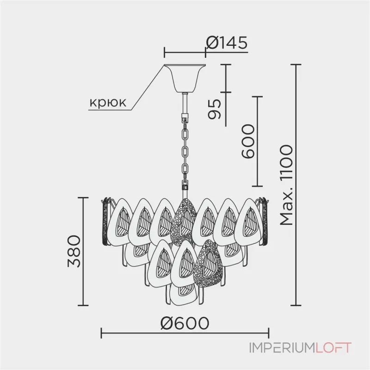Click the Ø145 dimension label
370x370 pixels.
pyautogui.click(x=227, y=43)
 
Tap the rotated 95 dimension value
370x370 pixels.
pyautogui.click(x=214, y=108)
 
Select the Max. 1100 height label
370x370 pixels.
pyautogui.click(x=287, y=185)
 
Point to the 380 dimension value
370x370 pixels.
pyautogui.click(x=74, y=252)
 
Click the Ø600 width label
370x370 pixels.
pyautogui.click(x=185, y=322)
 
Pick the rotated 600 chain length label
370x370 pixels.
pyautogui.click(x=248, y=142)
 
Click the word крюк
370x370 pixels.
pyautogui.click(x=107, y=103)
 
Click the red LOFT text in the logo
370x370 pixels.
pyautogui.click(x=333, y=347)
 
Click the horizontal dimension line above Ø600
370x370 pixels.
pyautogui.click(x=185, y=332)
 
